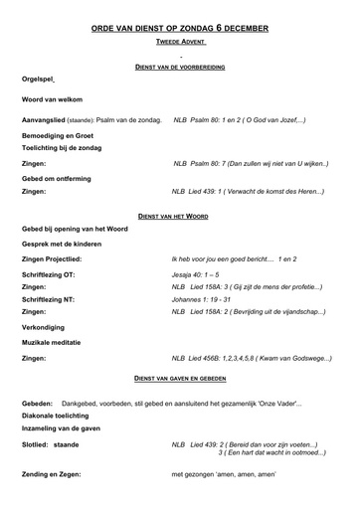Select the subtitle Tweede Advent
180,45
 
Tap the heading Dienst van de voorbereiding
180,65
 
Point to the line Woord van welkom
59,100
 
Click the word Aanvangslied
46,119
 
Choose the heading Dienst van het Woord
180,216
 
